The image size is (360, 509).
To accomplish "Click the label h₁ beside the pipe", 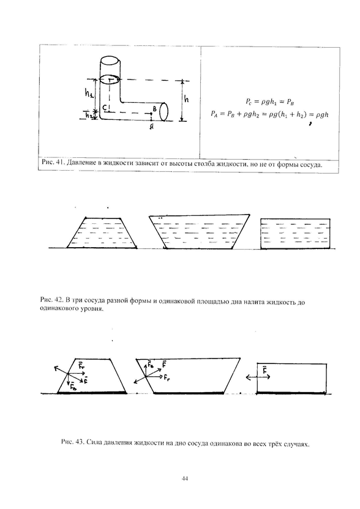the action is click(89, 94).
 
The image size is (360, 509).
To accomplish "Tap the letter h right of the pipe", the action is click(186, 98).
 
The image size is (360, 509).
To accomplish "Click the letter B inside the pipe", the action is click(155, 110).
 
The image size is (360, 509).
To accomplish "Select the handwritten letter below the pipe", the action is click(152, 127).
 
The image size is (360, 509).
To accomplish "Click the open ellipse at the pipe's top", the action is click(110, 61).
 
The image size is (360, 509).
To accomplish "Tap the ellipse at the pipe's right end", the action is click(163, 112).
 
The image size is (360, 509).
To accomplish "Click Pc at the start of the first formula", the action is click(249, 102).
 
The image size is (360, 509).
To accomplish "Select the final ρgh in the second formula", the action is click(322, 114).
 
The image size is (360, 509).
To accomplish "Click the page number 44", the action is click(184, 479).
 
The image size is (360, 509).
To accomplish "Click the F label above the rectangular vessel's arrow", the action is click(264, 370).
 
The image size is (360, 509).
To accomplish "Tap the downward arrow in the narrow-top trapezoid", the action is click(68, 380).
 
